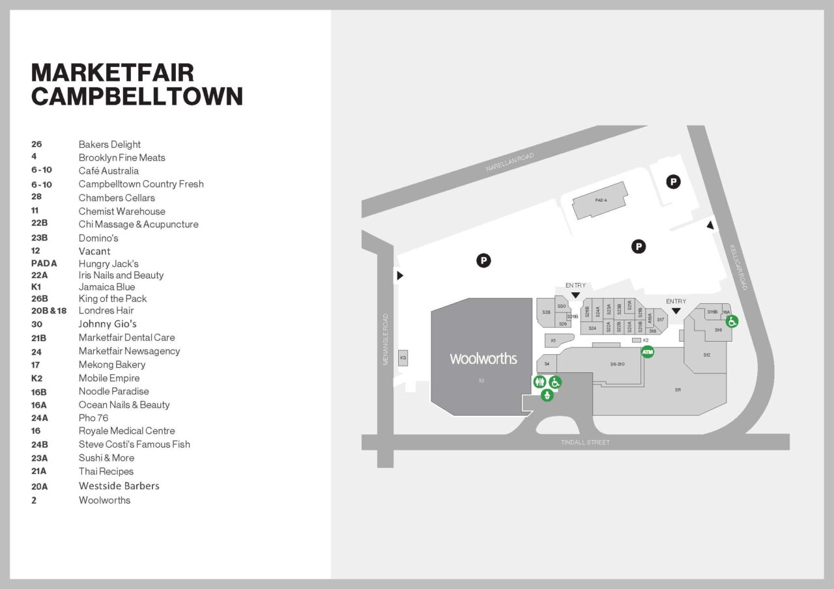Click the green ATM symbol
648,352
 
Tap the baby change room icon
547,395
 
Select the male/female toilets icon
539,382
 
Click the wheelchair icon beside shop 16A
732,321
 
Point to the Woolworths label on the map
483,359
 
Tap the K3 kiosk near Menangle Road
403,358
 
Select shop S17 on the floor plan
660,320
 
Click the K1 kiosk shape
554,340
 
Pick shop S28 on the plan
546,312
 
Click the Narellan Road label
510,162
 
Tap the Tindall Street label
585,443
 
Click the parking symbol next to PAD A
673,182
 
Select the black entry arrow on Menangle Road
400,275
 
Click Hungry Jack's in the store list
109,264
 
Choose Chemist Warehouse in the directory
122,211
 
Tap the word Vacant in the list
94,251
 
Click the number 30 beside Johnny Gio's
36,324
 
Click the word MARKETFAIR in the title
113,72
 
